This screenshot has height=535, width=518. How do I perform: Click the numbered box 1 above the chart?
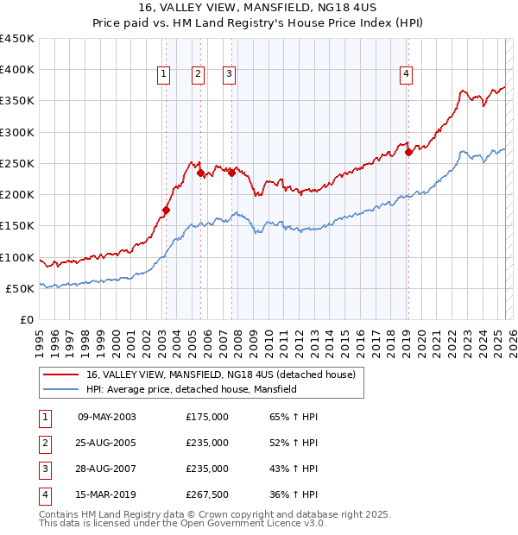pyautogui.click(x=163, y=75)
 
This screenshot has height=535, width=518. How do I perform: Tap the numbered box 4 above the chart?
pyautogui.click(x=405, y=75)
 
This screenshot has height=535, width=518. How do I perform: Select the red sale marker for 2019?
pyautogui.click(x=408, y=152)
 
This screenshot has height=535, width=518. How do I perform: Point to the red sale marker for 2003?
pyautogui.click(x=166, y=210)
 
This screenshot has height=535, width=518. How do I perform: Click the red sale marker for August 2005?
pyautogui.click(x=200, y=173)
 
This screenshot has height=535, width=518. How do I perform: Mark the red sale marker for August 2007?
pyautogui.click(x=231, y=173)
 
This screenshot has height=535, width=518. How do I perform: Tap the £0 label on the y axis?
pyautogui.click(x=26, y=319)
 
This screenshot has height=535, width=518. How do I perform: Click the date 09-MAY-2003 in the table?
pyautogui.click(x=107, y=417)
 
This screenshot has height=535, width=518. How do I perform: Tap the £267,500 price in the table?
pyautogui.click(x=207, y=494)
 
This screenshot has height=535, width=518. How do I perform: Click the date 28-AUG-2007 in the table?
pyautogui.click(x=107, y=469)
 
